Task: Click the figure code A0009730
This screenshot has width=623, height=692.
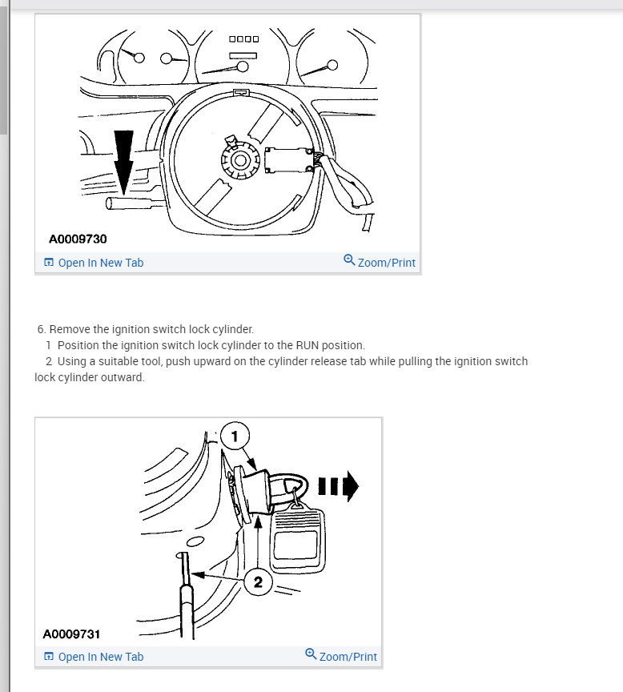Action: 78,239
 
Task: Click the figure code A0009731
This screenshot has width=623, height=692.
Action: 71,634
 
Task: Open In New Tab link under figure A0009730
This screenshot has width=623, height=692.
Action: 100,263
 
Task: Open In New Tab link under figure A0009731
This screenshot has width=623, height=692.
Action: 100,657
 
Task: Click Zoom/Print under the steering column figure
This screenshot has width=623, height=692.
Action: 386,263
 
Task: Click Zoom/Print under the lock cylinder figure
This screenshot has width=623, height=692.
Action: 348,657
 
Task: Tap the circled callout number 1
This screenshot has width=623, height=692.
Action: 235,437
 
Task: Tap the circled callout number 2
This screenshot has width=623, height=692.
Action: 258,582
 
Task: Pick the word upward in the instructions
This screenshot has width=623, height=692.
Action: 208,361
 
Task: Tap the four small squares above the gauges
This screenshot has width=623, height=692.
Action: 243,39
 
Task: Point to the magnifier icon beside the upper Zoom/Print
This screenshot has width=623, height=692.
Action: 349,260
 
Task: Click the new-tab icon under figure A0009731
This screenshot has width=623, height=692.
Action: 49,657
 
